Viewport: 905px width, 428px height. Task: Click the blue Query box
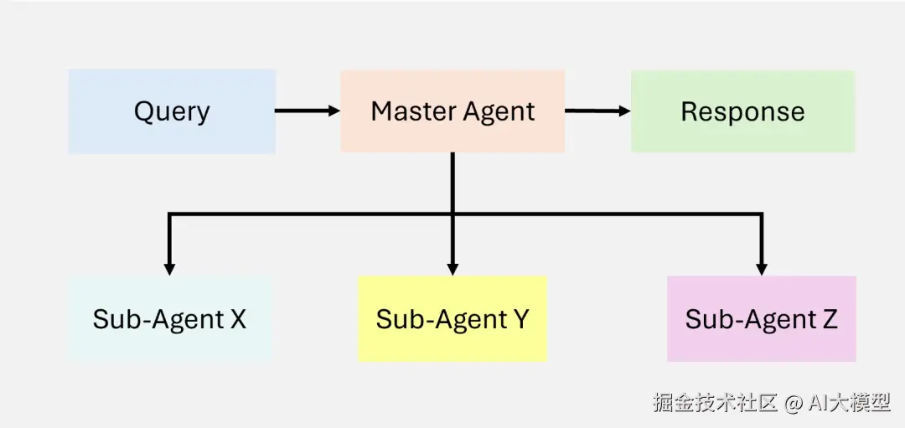pos(172,111)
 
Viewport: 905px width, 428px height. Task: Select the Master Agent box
pos(452,111)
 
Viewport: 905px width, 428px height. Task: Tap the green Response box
pos(742,111)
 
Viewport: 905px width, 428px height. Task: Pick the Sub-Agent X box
pos(170,319)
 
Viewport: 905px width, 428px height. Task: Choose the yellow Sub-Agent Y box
pos(452,319)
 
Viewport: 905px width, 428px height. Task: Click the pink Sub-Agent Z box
pos(761,319)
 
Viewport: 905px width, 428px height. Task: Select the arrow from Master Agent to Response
pos(597,111)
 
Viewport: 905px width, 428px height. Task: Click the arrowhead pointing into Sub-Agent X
pos(170,269)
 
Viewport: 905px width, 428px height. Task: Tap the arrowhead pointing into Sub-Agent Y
pos(452,269)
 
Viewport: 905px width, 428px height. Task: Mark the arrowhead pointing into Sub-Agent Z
pos(761,269)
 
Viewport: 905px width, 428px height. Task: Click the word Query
pos(172,112)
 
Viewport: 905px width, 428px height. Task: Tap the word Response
pos(742,111)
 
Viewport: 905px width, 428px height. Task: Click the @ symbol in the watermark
pos(792,403)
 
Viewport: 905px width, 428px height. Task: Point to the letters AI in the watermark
pos(817,403)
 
